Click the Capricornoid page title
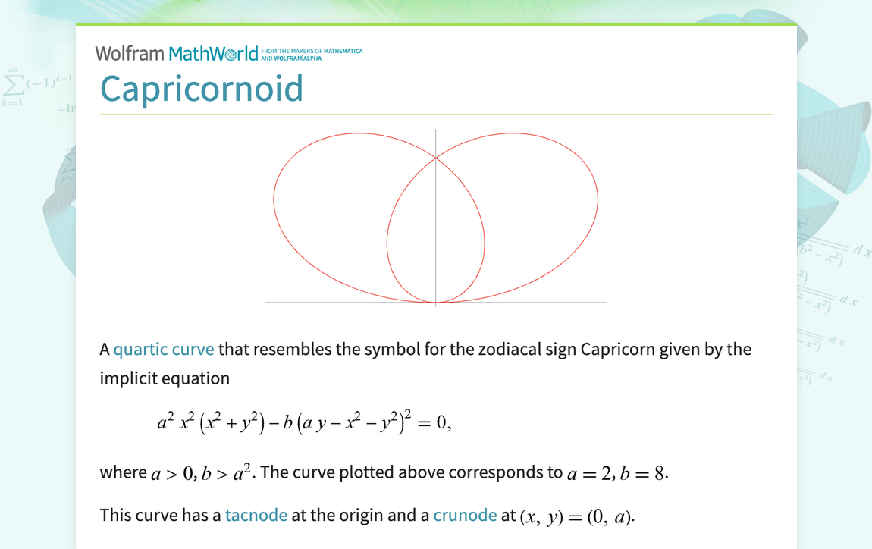[202, 89]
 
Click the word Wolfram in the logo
[130, 54]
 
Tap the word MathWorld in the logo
[213, 54]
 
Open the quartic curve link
[164, 350]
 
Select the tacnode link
[256, 516]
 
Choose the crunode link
[465, 516]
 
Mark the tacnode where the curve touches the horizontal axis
[436, 303]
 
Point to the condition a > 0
[168, 473]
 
